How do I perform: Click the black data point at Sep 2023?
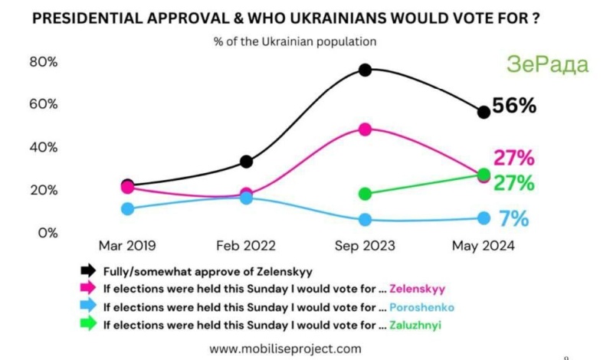tap(366, 70)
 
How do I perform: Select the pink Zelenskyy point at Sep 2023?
tap(366, 129)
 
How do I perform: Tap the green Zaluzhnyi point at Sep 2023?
tap(366, 194)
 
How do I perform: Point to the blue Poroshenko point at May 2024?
tap(484, 218)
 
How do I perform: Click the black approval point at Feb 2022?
tap(246, 162)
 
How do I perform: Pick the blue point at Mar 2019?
tap(127, 208)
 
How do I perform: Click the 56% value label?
tap(514, 106)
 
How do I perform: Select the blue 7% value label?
tap(514, 219)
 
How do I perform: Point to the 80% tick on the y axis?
tap(43, 62)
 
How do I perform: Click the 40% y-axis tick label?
tap(43, 147)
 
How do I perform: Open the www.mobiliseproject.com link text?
tap(285, 349)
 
